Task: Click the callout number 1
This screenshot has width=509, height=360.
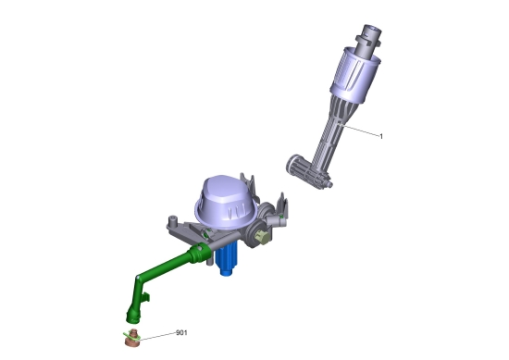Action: pyautogui.click(x=381, y=137)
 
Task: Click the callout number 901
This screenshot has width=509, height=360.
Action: pyautogui.click(x=181, y=333)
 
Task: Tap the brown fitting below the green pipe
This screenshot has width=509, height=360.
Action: pyautogui.click(x=132, y=339)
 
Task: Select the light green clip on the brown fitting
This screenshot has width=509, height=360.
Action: pyautogui.click(x=131, y=337)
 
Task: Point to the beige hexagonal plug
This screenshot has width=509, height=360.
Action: pyautogui.click(x=262, y=237)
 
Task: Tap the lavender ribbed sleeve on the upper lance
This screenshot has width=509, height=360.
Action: pyautogui.click(x=355, y=75)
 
